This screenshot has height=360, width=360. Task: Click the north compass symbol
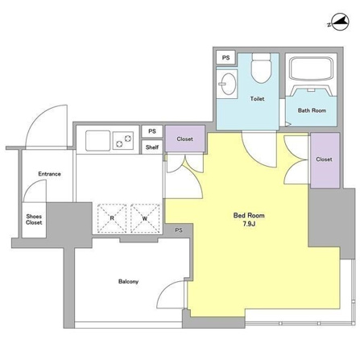340,22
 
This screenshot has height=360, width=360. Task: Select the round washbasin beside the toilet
229,84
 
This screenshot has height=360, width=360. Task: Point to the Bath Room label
312,110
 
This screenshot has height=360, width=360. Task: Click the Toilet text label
257,99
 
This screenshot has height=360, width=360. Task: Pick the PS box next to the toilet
226,57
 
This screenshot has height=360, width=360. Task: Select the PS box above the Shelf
152,131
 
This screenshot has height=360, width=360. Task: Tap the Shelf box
152,147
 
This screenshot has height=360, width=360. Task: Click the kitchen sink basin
97,141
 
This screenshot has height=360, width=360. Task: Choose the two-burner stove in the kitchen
123,141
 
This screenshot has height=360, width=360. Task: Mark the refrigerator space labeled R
112,218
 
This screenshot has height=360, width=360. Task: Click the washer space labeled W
145,218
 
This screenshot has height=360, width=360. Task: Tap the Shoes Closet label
34,219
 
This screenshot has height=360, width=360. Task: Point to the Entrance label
49,174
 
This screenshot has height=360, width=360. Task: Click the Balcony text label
128,281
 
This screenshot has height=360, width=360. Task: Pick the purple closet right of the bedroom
325,160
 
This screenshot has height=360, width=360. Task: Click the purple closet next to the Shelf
185,139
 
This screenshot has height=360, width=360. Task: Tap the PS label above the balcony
179,230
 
